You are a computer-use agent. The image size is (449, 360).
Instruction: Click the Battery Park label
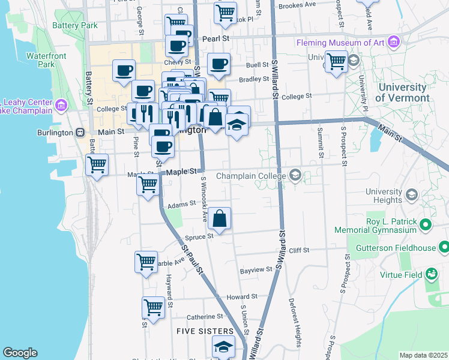coord(75,26)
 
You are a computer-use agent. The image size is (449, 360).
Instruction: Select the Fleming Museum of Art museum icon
coord(394,42)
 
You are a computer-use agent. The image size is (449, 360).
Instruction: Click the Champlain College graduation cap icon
coord(295,176)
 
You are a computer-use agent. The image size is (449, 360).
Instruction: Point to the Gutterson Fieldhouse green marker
coord(444,247)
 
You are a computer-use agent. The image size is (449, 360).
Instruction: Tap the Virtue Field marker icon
coord(431,275)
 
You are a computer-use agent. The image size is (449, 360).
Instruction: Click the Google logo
coord(20,353)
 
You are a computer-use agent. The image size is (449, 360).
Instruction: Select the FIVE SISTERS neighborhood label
coord(205,331)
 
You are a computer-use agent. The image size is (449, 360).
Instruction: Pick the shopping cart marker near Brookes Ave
coord(225,13)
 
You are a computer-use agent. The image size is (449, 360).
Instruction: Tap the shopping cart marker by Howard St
coord(154,307)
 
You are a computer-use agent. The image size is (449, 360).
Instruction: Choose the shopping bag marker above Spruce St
coord(220,219)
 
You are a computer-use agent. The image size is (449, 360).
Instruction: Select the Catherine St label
coord(205,316)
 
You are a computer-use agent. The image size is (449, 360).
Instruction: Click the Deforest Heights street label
coord(297,323)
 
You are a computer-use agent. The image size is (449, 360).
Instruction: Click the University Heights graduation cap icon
coord(412,194)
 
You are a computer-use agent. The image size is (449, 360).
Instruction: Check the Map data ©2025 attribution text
coord(424,355)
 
